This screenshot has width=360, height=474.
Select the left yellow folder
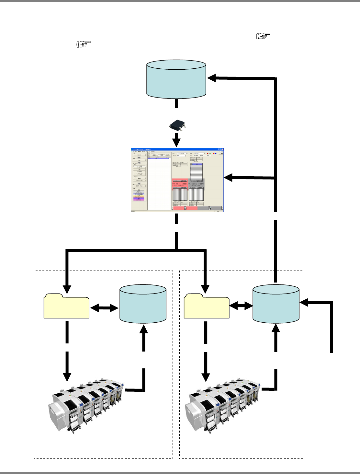[66, 306]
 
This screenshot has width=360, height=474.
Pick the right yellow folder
[207, 306]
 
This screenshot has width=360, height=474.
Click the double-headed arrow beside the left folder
[105, 308]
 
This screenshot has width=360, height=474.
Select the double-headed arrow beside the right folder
[241, 305]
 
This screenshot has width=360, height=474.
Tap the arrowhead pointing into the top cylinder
[212, 77]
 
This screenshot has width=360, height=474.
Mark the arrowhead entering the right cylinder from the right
[305, 303]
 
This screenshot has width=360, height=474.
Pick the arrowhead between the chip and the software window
[176, 141]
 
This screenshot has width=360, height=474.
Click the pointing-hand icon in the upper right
[263, 36]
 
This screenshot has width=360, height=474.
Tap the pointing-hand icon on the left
[84, 44]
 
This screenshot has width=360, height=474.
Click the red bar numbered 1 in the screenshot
[185, 208]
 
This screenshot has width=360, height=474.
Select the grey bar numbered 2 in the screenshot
[209, 208]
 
